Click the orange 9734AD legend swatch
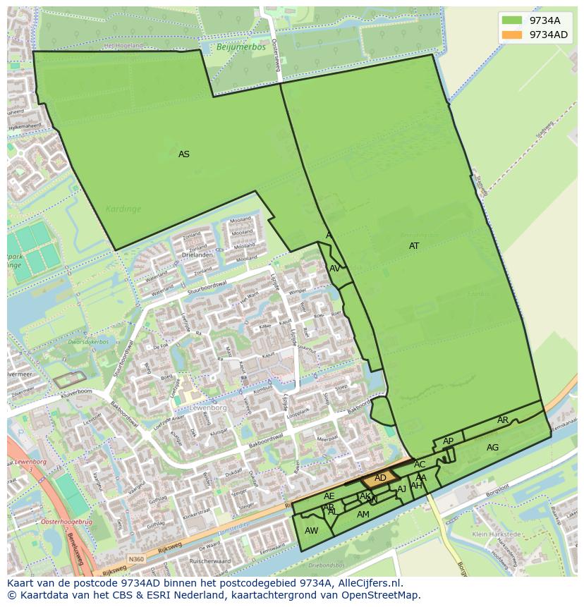pyautogui.click(x=512, y=35)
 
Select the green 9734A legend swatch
pyautogui.click(x=512, y=20)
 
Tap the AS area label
pyautogui.click(x=184, y=154)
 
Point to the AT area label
pyautogui.click(x=414, y=246)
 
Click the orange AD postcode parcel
pyautogui.click(x=379, y=479)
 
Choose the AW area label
pyautogui.click(x=311, y=531)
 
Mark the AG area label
pyautogui.click(x=492, y=448)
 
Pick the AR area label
pyautogui.click(x=503, y=420)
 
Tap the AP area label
pyautogui.click(x=449, y=441)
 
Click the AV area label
pyautogui.click(x=335, y=269)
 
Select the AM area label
pyautogui.click(x=363, y=515)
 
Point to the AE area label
pyautogui.click(x=329, y=496)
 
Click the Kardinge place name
pyautogui.click(x=123, y=209)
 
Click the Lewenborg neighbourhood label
pyautogui.click(x=207, y=408)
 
